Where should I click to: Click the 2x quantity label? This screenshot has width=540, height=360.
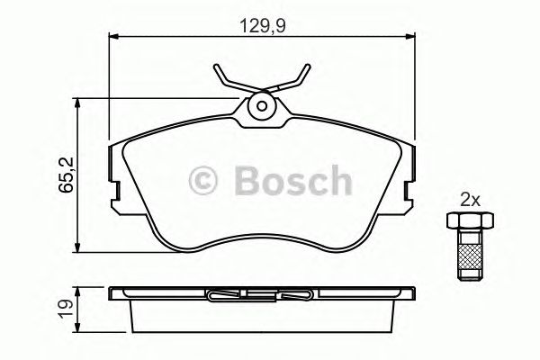point(471,199)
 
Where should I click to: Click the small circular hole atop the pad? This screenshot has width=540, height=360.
point(261,105)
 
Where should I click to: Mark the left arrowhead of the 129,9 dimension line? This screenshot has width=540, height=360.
point(113,37)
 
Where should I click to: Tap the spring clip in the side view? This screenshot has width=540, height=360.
point(261,293)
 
